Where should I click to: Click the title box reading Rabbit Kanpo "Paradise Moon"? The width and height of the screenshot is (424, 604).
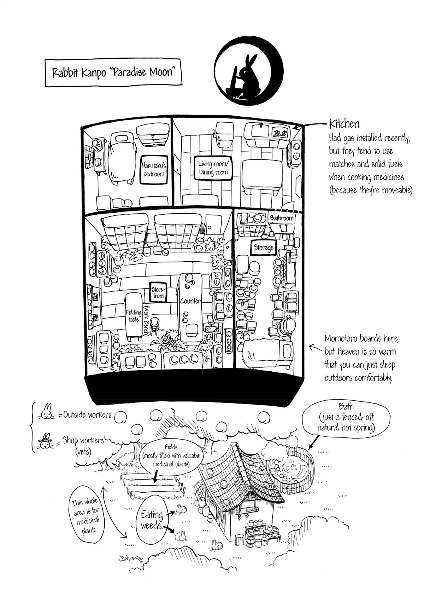click(x=113, y=73)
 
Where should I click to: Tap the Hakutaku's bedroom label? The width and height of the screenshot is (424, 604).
click(x=154, y=170)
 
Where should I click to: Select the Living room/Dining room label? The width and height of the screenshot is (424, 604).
click(x=213, y=168)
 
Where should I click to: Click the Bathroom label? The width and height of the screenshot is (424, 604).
click(x=282, y=218)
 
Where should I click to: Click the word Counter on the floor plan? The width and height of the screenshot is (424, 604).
click(x=190, y=301)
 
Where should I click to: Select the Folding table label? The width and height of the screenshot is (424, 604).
click(x=134, y=316)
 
